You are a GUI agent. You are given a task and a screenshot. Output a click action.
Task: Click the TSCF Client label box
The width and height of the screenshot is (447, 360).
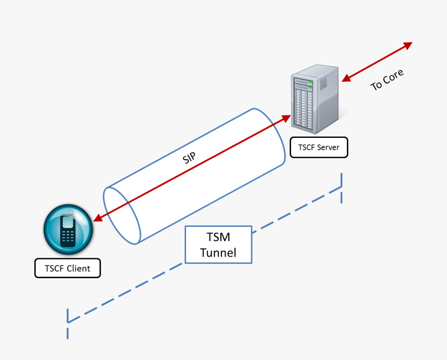[68, 268]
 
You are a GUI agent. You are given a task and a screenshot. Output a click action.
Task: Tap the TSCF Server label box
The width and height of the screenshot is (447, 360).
[319, 148]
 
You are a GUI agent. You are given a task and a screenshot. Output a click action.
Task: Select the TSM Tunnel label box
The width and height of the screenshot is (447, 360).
[219, 245]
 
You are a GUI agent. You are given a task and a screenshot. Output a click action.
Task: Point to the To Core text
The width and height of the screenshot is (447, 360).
[387, 80]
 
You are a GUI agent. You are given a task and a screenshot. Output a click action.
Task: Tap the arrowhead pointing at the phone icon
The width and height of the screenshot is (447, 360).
[97, 219]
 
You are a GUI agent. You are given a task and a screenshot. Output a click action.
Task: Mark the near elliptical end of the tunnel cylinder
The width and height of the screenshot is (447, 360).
[122, 214]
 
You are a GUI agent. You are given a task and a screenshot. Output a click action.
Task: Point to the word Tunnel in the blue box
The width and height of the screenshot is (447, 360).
[218, 253]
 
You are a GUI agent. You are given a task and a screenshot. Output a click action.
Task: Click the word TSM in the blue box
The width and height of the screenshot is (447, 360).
[218, 237]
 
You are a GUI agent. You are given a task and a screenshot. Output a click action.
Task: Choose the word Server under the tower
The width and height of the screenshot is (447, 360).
[328, 148]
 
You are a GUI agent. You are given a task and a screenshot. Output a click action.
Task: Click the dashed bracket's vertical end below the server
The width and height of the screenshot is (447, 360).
[341, 187]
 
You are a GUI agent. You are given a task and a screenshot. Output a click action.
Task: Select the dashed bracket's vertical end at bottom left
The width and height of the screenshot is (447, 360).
[68, 323]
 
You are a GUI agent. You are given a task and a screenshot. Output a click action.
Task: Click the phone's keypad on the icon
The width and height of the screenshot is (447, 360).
[68, 237]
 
